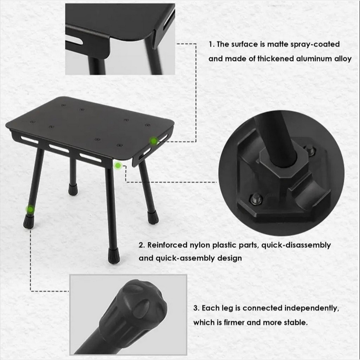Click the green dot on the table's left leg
(30, 209)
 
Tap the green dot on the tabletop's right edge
(154, 141)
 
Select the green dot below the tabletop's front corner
(118, 165)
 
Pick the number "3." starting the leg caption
(196, 308)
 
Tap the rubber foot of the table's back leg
(73, 189)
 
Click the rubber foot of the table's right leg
(153, 217)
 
